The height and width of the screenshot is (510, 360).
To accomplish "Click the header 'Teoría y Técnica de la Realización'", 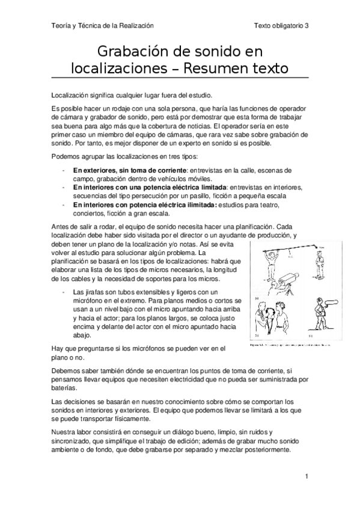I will click(x=102, y=26).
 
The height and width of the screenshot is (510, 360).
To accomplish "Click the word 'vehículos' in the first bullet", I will click(x=166, y=179).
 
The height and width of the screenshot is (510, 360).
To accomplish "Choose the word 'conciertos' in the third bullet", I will click(x=90, y=213).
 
